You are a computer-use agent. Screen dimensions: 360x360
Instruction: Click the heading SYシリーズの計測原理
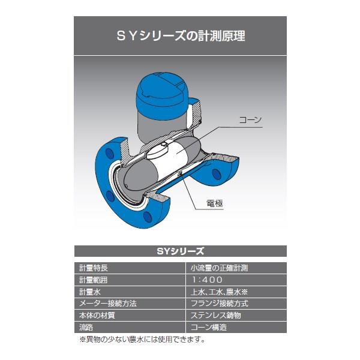(181, 36)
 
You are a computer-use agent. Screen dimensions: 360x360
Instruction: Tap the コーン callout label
(250, 120)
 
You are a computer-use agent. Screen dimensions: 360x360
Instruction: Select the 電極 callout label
(215, 203)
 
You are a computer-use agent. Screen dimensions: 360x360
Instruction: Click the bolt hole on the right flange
(216, 174)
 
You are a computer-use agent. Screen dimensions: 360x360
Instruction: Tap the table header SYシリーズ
(181, 251)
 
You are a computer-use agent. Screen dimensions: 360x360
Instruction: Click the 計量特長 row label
(94, 268)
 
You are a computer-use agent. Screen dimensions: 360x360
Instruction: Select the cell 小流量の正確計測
(219, 268)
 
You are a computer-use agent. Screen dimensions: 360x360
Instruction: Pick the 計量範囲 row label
(93, 280)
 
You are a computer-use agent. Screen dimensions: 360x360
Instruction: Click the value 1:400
(207, 280)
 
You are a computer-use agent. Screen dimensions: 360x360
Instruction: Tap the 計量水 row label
(90, 292)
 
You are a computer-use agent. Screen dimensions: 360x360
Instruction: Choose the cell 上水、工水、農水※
(219, 292)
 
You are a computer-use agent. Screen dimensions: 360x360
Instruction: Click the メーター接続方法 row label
(107, 304)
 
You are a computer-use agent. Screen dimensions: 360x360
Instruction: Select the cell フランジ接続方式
(219, 304)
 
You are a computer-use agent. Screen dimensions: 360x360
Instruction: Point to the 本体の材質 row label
(97, 316)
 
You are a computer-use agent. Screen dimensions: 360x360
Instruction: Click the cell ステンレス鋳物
(216, 316)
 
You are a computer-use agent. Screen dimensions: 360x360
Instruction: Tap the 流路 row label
(86, 327)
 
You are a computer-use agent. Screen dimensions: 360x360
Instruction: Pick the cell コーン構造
(208, 327)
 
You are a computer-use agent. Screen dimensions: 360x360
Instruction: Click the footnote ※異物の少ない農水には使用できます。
(142, 340)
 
